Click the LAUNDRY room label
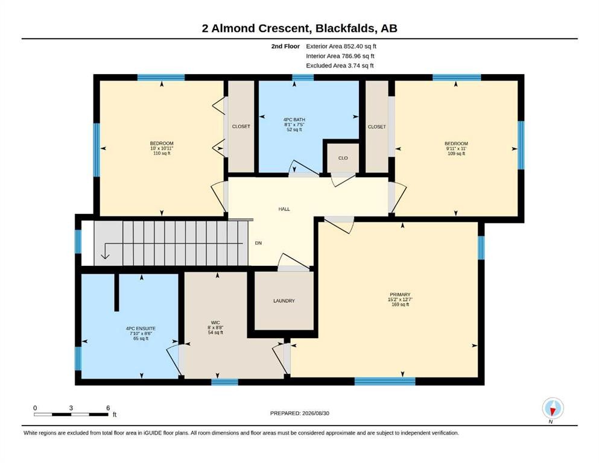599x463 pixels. [x=284, y=301]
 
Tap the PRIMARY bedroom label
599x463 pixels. [x=400, y=295]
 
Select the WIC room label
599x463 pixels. [x=215, y=323]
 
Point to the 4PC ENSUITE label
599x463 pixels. [x=141, y=329]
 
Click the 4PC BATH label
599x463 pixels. [x=294, y=119]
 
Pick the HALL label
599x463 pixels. [x=284, y=209]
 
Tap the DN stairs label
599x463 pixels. [x=258, y=243]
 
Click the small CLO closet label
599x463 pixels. [x=343, y=158]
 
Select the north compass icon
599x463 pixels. [x=553, y=409]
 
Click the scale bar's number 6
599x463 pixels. [x=108, y=408]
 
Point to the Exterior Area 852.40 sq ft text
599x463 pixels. [x=341, y=46]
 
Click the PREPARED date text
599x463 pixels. [x=299, y=413]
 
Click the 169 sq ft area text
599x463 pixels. [x=400, y=304]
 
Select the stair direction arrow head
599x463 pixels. [x=105, y=256]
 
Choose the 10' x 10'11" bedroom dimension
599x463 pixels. [x=162, y=148]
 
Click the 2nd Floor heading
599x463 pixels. [x=285, y=46]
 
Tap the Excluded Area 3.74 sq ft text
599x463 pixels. [x=340, y=65]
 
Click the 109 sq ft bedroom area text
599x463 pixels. [x=456, y=154]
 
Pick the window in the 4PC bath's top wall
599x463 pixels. [x=303, y=78]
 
